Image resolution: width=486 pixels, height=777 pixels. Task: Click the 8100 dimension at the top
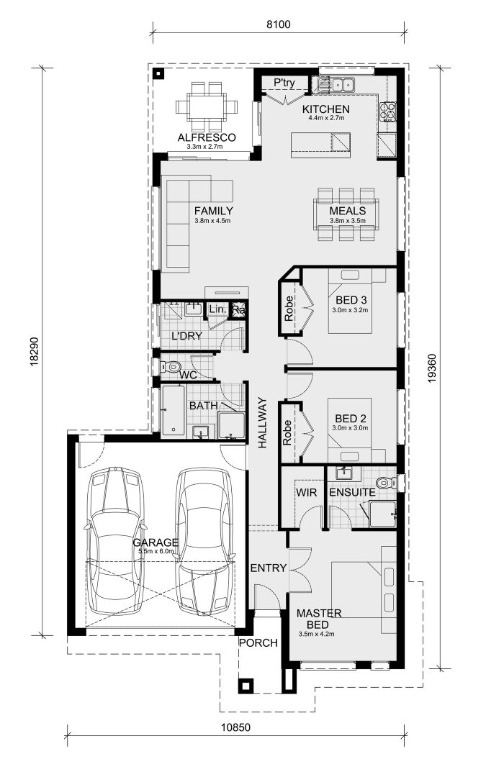tap(277, 24)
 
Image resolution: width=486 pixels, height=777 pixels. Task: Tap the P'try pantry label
tap(284, 83)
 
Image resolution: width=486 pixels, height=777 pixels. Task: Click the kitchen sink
tap(336, 84)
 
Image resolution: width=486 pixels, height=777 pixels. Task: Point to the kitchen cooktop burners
tap(388, 112)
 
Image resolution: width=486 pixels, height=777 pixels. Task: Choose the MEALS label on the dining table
tap(347, 211)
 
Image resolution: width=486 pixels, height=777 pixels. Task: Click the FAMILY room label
tap(213, 211)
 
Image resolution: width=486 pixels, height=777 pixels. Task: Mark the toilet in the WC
tap(170, 367)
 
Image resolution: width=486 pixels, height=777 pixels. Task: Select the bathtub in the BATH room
tap(174, 410)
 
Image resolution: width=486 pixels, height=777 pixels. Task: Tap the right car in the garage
tap(206, 541)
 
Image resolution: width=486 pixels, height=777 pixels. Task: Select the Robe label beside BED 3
tap(289, 308)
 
